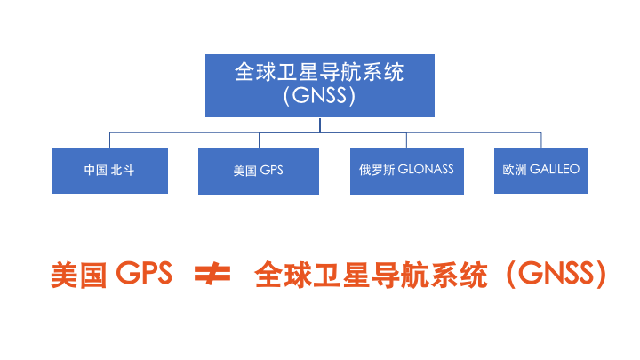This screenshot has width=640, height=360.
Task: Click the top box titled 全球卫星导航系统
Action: [x=320, y=84]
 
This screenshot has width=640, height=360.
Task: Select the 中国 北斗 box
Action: [x=109, y=170]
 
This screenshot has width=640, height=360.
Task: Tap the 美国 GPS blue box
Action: [x=258, y=170]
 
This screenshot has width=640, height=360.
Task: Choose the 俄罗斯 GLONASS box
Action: [x=406, y=170]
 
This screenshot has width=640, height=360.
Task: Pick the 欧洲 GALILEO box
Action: [x=540, y=170]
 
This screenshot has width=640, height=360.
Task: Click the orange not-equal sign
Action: [x=212, y=276]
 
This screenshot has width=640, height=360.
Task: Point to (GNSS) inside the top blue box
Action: [x=320, y=96]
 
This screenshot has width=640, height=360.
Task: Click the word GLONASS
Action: [x=426, y=169]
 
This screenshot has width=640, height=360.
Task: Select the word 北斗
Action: [x=123, y=170]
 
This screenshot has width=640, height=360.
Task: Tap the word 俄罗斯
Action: [x=376, y=169]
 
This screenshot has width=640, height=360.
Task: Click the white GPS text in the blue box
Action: [x=270, y=170]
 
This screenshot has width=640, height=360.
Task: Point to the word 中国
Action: [x=96, y=170]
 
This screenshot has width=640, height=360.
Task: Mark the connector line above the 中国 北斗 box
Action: [x=109, y=140]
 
